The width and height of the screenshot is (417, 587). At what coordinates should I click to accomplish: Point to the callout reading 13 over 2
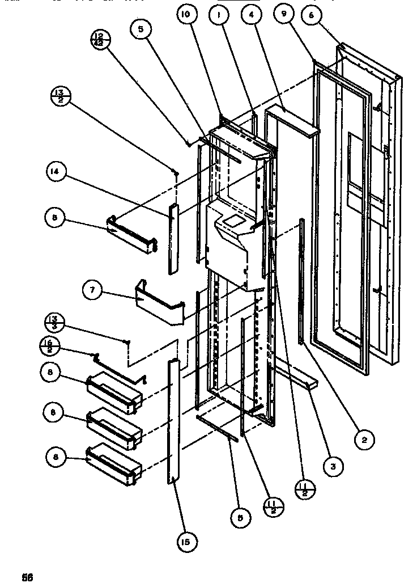pos(61,96)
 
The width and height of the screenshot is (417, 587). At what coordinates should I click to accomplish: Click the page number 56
pos(28,577)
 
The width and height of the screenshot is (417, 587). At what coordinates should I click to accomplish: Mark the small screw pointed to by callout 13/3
pos(129,341)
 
